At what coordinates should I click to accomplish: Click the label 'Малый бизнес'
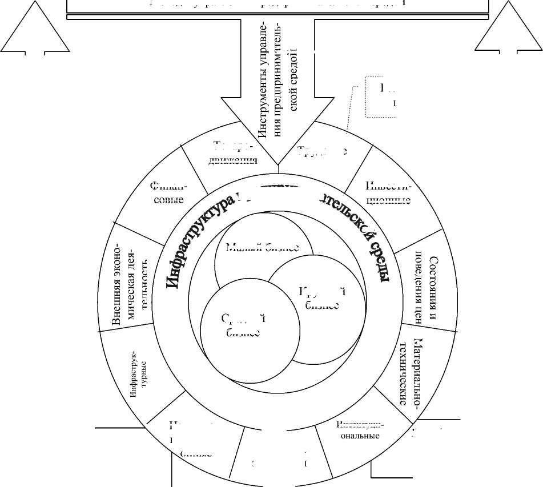[262, 248]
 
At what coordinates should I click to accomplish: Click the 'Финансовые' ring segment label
[168, 194]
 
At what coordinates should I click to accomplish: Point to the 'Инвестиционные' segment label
[388, 194]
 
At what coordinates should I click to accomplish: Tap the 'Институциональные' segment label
[359, 430]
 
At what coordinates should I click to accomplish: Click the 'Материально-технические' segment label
[411, 372]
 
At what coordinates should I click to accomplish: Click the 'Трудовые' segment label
[322, 151]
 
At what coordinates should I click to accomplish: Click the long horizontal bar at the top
[278, 6]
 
